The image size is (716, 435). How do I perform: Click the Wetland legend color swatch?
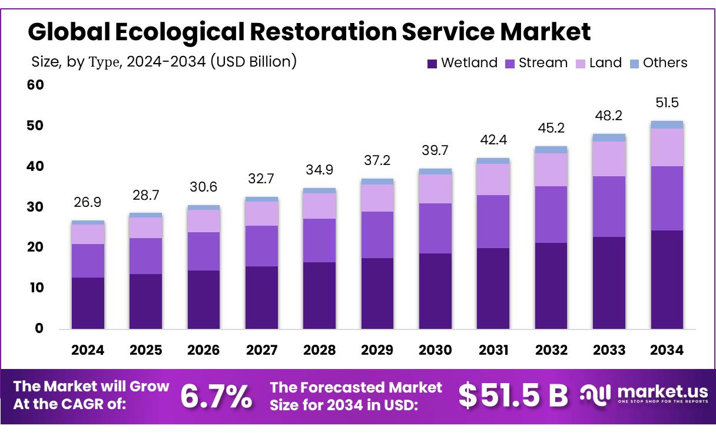coord(432,63)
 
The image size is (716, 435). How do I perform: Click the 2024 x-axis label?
coord(88,350)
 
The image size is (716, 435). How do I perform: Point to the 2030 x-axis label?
coord(435,350)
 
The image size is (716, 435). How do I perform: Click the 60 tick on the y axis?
coord(35,85)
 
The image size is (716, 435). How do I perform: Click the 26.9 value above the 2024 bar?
coord(88,202)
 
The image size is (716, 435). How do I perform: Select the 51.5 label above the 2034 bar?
coord(667,103)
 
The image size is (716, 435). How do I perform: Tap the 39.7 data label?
coord(435,151)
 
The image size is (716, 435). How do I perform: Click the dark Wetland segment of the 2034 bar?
coord(667,279)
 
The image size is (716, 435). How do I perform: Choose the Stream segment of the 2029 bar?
coord(377,235)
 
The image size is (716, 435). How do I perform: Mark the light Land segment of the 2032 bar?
coord(551,170)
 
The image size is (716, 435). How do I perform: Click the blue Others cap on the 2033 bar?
coord(609,137)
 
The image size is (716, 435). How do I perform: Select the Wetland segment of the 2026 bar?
coord(204,299)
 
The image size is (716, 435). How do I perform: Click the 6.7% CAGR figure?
coord(216,396)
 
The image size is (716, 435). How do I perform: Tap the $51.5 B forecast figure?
coord(513,396)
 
